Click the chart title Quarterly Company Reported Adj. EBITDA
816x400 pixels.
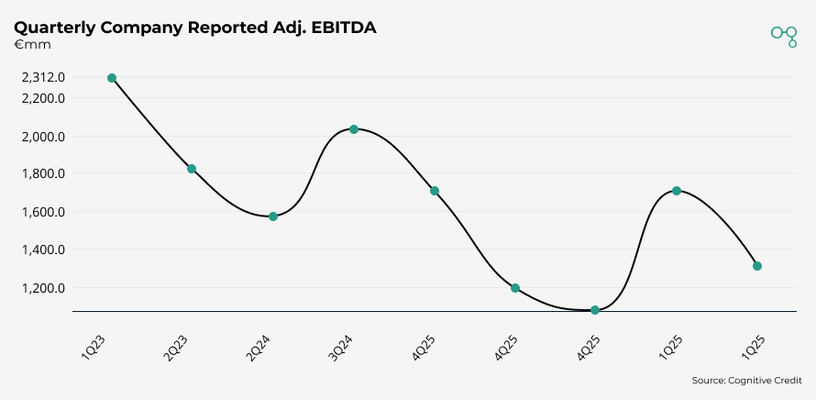click(x=195, y=28)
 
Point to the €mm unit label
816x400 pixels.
click(x=32, y=45)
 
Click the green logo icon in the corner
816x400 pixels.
click(x=784, y=35)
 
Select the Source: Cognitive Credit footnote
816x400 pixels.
click(x=746, y=380)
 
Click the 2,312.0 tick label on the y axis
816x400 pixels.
click(x=43, y=78)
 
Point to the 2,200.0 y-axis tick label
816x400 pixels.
click(x=43, y=99)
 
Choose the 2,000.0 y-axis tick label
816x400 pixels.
click(x=43, y=137)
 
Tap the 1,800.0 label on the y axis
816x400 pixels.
click(x=43, y=174)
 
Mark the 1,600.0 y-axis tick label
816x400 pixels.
click(x=43, y=212)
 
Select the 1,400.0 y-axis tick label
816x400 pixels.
click(x=43, y=250)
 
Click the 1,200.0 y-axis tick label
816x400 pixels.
click(x=43, y=288)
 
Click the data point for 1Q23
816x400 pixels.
click(x=112, y=78)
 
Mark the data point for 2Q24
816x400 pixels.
click(x=273, y=217)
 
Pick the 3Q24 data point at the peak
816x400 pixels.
click(x=354, y=129)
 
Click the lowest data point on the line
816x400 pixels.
click(x=595, y=310)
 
